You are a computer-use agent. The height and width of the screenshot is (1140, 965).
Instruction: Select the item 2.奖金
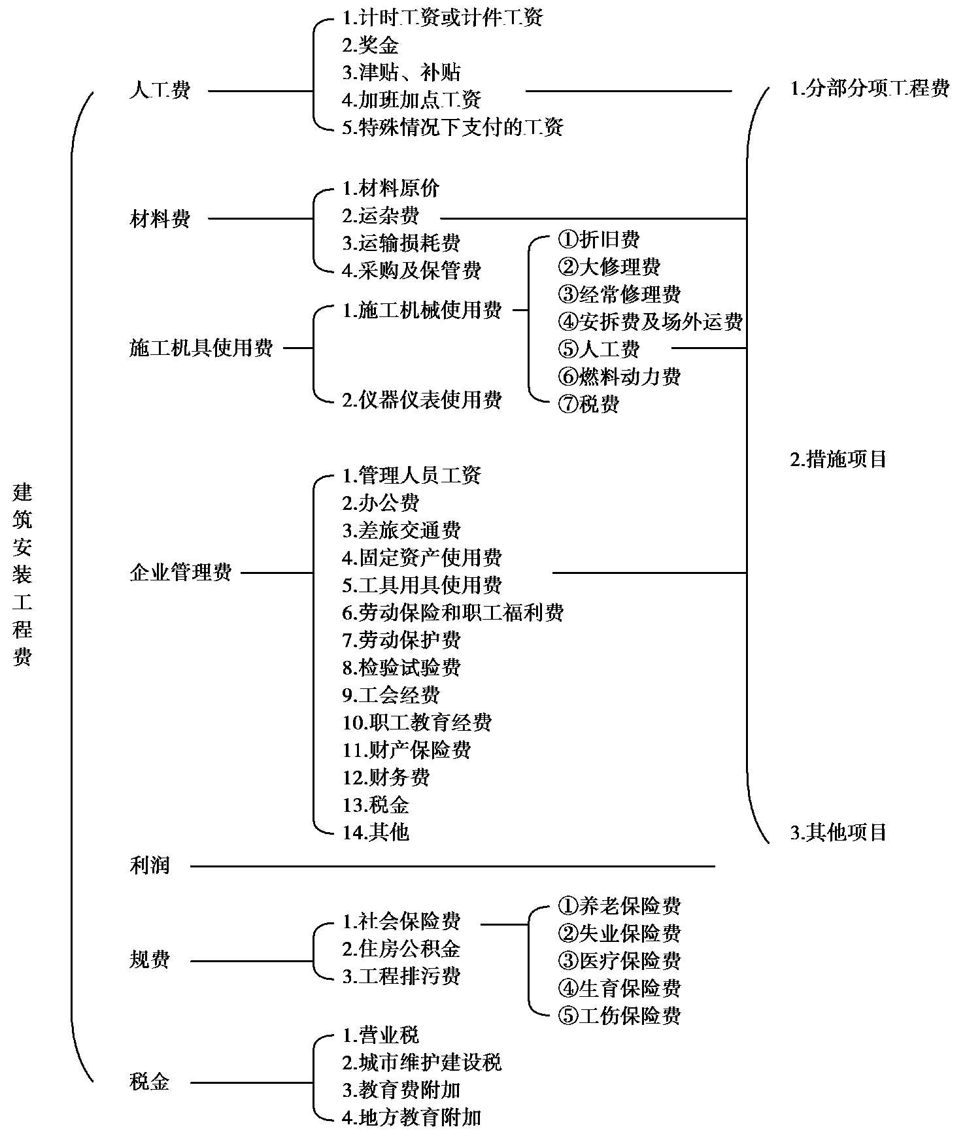tap(370, 45)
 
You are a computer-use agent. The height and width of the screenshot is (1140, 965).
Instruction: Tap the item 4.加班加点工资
tap(412, 99)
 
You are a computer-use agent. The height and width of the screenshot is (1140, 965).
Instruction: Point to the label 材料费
tap(160, 218)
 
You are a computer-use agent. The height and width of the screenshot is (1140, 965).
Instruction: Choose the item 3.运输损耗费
tap(401, 243)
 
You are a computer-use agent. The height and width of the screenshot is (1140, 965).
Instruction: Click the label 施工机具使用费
tap(201, 348)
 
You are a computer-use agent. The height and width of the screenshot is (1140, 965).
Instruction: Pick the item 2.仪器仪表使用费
tap(422, 399)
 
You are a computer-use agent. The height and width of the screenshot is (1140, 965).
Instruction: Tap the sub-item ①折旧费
tap(599, 240)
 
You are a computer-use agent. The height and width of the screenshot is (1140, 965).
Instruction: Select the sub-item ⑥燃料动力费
tap(619, 377)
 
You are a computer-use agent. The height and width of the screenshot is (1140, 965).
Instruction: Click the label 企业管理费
tap(181, 573)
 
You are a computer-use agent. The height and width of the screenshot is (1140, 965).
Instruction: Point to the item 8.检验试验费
tap(401, 667)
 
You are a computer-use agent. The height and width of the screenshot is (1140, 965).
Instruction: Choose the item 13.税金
tap(376, 805)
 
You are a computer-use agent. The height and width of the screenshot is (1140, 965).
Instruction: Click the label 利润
tap(150, 866)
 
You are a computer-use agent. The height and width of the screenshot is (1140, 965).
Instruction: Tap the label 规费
tap(150, 960)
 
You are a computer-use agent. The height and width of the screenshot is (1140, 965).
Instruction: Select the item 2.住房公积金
tap(401, 948)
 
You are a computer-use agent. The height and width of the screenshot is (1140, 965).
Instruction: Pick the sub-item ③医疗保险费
tap(619, 960)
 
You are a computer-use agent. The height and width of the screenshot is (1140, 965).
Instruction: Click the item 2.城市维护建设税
tap(422, 1062)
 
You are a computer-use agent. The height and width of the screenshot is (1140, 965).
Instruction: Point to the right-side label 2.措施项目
tap(839, 460)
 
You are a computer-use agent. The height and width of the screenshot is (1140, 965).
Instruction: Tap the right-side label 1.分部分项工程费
tap(870, 88)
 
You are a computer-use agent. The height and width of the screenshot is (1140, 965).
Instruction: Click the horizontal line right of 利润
tap(452, 867)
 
